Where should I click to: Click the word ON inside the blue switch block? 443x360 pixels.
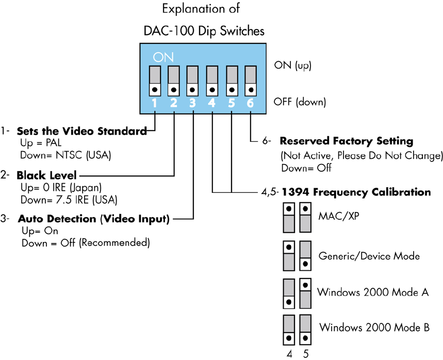(163, 57)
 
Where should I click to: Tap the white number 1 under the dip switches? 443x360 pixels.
(155, 103)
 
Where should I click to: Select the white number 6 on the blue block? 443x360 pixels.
(250, 103)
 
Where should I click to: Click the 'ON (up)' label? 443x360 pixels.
(293, 66)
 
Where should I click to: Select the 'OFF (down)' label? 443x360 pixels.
(300, 102)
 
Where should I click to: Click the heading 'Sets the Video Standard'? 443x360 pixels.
(82, 131)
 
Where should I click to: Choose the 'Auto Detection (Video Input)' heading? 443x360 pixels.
(93, 219)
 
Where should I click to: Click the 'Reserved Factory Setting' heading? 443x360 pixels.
(346, 141)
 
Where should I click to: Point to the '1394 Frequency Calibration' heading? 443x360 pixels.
(355, 192)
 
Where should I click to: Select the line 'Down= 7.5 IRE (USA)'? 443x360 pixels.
(69, 199)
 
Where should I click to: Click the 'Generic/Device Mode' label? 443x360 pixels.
(369, 255)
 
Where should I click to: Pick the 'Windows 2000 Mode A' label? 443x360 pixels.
(373, 292)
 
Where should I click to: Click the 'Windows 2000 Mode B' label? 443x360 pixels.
(374, 327)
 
